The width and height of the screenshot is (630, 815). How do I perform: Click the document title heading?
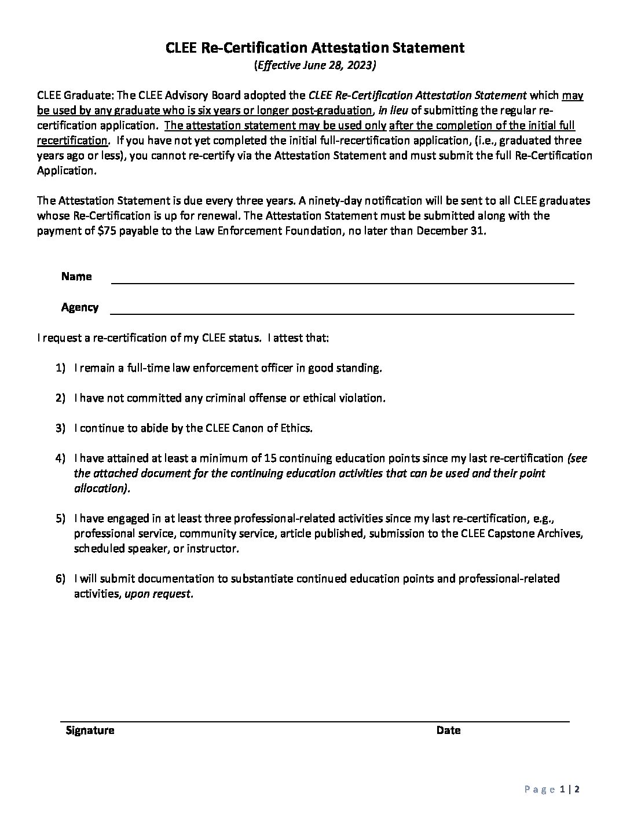coord(315,48)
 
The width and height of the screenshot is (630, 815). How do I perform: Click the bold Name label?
coord(76,277)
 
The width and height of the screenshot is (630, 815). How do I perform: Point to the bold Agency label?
coord(80,307)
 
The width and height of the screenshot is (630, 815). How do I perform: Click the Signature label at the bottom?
coord(90,730)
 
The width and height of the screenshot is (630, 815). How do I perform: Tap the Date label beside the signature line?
coord(448,730)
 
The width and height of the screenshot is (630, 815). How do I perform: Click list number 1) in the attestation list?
coord(61,368)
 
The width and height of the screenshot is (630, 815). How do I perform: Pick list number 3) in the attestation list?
coord(61,428)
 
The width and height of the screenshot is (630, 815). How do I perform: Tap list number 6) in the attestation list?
coord(61,579)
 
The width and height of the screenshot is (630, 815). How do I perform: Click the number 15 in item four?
coord(269,458)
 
